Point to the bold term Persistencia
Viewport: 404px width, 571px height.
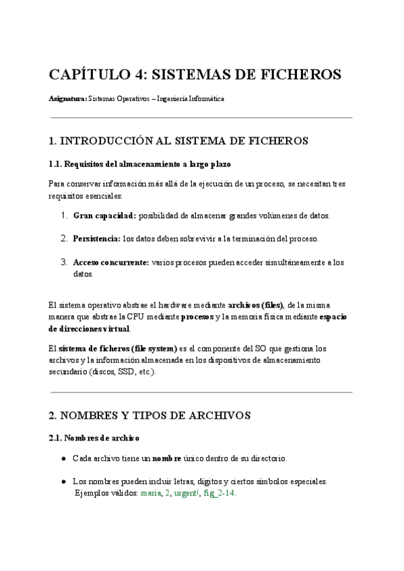[x=96, y=238]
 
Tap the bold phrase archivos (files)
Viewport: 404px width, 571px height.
[x=257, y=305]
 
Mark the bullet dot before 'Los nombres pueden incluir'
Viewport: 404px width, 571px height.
[x=63, y=481]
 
